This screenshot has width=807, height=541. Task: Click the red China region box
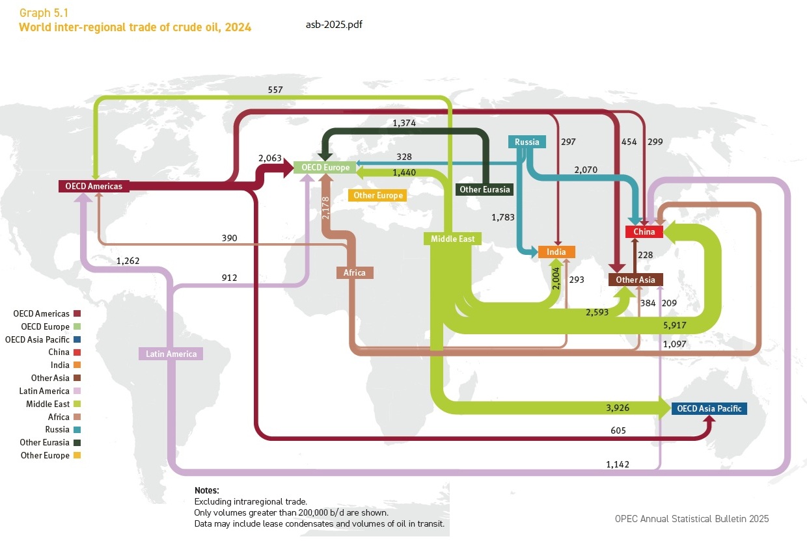(644, 231)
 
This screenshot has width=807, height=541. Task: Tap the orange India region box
(556, 252)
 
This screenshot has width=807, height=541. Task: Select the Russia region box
(527, 142)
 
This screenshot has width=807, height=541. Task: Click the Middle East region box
(453, 239)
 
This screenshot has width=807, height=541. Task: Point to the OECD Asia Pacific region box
(709, 409)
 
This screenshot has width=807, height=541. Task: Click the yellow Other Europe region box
(377, 195)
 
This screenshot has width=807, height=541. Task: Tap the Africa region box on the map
(355, 272)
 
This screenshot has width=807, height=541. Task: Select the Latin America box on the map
(171, 354)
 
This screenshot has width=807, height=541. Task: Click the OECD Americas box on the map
(94, 186)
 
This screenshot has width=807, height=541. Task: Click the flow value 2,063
(269, 158)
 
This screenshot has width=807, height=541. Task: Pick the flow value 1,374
(404, 122)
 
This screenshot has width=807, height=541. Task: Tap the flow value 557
(275, 90)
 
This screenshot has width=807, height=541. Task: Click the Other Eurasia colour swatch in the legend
(83, 443)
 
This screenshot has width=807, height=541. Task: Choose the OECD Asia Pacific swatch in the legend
(83, 339)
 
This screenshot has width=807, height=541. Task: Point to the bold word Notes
(206, 490)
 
